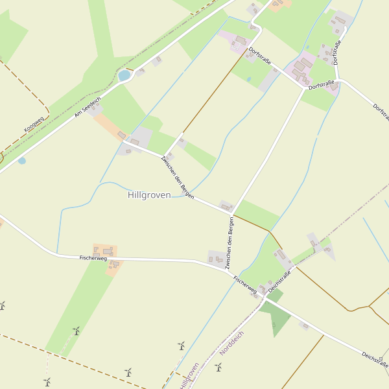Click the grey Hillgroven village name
click(149, 195)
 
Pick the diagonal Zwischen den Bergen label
click(177, 176)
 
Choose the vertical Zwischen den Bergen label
click(229, 243)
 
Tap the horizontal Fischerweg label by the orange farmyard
click(93, 258)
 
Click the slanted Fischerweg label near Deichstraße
click(245, 285)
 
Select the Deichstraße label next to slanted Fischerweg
click(279, 281)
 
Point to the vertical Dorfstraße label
click(336, 53)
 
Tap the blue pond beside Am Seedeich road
click(124, 76)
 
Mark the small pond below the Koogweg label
click(22, 160)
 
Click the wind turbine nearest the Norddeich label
click(218, 368)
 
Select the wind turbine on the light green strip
click(77, 331)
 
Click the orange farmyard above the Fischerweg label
click(104, 251)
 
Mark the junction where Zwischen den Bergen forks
click(231, 213)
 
